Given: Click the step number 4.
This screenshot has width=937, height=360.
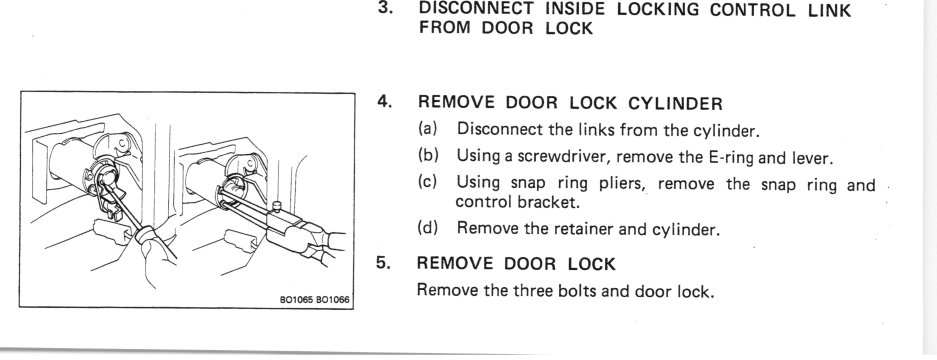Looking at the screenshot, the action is pyautogui.click(x=384, y=103).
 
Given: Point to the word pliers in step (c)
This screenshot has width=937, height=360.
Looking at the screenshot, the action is pyautogui.click(x=619, y=184).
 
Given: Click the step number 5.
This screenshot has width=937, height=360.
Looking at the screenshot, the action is pyautogui.click(x=382, y=264).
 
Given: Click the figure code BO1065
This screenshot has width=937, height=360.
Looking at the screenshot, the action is pyautogui.click(x=297, y=299).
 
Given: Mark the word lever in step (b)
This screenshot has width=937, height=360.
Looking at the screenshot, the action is pyautogui.click(x=812, y=158).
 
